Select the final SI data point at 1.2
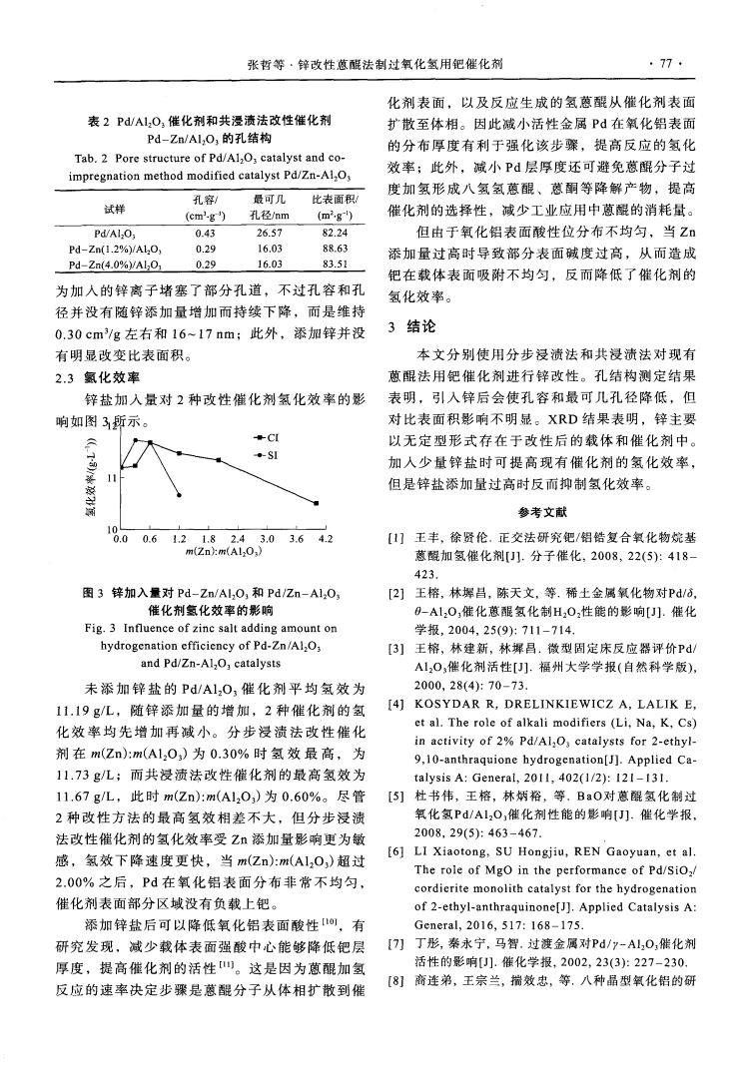[179, 494]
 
